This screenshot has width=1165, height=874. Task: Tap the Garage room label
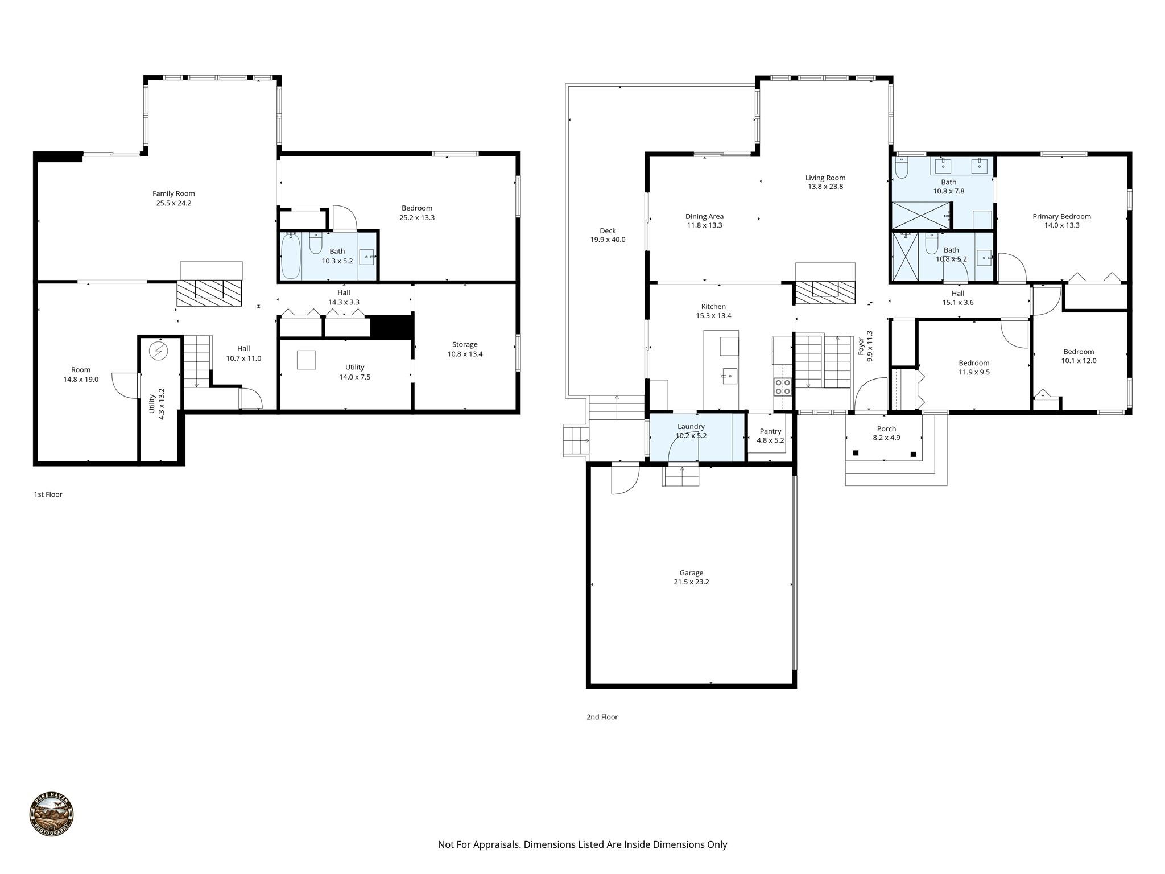tap(691, 572)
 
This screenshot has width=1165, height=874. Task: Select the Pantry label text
tap(770, 431)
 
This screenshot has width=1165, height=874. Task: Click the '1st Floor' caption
tap(48, 494)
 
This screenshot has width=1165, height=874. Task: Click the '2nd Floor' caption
tap(602, 717)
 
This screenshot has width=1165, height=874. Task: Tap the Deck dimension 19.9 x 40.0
tap(608, 240)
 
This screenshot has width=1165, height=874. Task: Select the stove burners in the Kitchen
tap(782, 387)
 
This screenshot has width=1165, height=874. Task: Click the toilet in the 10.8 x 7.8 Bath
tap(901, 168)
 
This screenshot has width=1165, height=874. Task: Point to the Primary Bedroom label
tap(1061, 216)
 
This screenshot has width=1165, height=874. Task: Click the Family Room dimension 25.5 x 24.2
tap(173, 203)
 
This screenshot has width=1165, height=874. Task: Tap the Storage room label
tap(465, 344)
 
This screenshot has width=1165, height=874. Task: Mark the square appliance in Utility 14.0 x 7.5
tap(306, 360)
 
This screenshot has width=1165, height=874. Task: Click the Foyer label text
tap(861, 346)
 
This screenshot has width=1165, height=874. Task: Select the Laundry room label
tap(691, 426)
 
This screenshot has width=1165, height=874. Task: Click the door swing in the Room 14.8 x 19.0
tap(124, 384)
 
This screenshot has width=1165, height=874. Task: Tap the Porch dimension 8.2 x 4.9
tap(886, 438)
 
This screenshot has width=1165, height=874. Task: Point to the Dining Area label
tap(704, 216)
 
